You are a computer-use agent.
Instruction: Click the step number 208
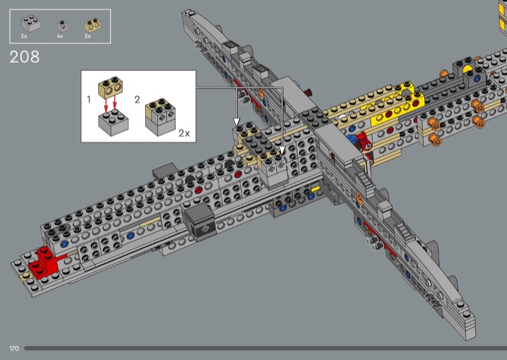tap(25, 57)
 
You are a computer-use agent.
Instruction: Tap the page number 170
tap(14, 349)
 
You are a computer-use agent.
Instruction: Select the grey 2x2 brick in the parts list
tap(30, 23)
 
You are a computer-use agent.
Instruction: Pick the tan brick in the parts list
tap(93, 25)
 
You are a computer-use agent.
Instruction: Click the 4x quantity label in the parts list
tap(60, 36)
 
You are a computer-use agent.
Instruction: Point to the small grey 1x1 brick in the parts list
tap(62, 26)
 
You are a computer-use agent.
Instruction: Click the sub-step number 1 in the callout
tap(89, 100)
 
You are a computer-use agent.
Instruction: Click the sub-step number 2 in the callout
tap(137, 100)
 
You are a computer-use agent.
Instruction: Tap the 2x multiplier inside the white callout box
tap(184, 133)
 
